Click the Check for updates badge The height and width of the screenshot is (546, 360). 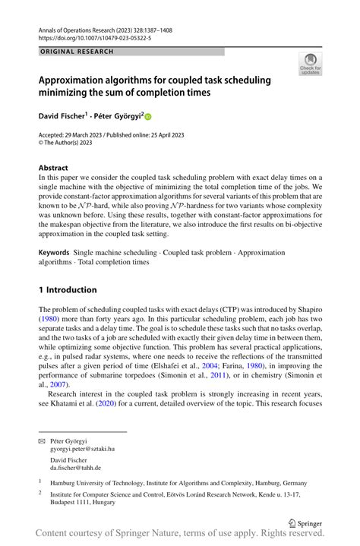[x=310, y=64]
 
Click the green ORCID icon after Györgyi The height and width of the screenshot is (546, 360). [x=147, y=117]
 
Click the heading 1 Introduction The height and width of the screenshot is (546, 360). [x=68, y=289]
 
